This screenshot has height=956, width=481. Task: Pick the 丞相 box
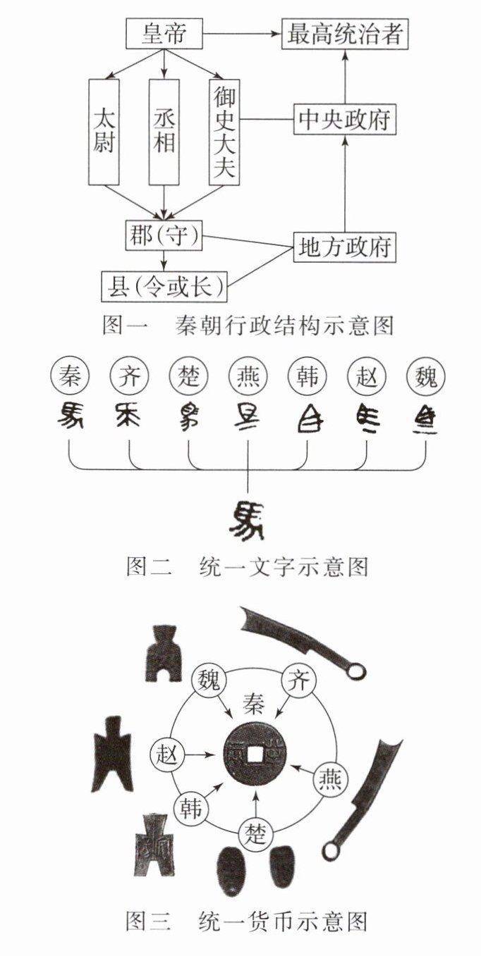[164, 132]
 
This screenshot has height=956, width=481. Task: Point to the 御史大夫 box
[224, 132]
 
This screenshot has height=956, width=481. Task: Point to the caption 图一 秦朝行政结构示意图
[247, 325]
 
